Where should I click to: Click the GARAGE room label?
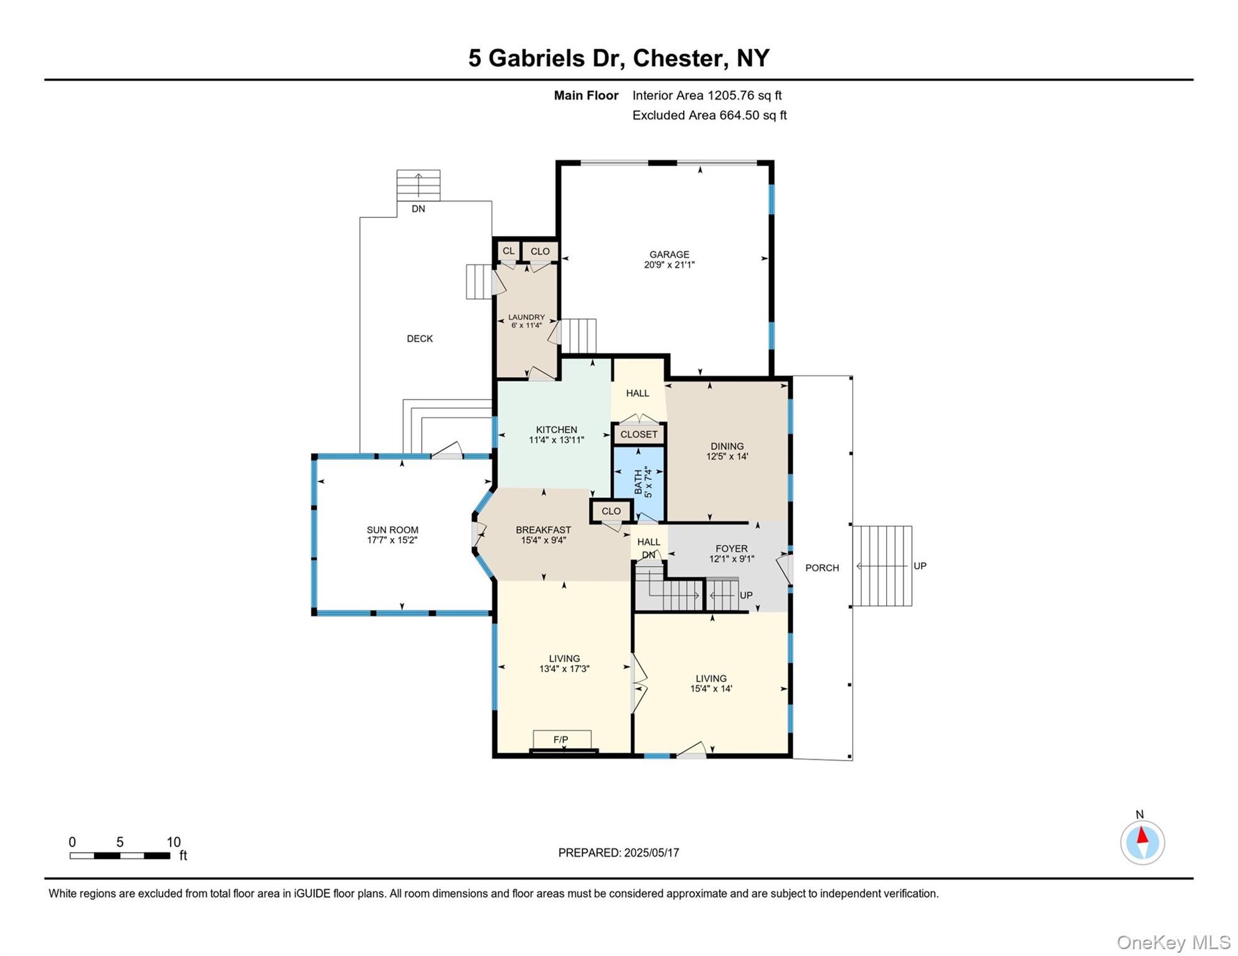pyautogui.click(x=669, y=255)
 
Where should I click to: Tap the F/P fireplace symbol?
pyautogui.click(x=561, y=739)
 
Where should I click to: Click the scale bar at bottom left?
pyautogui.click(x=120, y=856)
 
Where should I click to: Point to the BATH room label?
pyautogui.click(x=638, y=482)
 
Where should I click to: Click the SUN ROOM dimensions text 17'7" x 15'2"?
pyautogui.click(x=392, y=540)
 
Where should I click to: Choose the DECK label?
pyautogui.click(x=419, y=339)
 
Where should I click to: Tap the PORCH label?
pyautogui.click(x=821, y=568)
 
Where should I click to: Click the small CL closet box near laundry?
pyautogui.click(x=508, y=251)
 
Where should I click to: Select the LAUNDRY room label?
pyautogui.click(x=526, y=317)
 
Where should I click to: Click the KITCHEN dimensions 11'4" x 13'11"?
pyautogui.click(x=556, y=440)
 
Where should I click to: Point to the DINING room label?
pyautogui.click(x=727, y=446)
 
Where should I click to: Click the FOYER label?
pyautogui.click(x=731, y=548)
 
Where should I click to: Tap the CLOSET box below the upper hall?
pyautogui.click(x=638, y=434)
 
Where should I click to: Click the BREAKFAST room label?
pyautogui.click(x=543, y=530)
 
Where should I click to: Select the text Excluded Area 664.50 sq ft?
pyautogui.click(x=709, y=115)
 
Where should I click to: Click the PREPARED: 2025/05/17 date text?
pyautogui.click(x=618, y=853)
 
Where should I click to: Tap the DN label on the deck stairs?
pyautogui.click(x=418, y=209)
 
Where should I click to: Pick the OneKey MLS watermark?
pyautogui.click(x=1173, y=942)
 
